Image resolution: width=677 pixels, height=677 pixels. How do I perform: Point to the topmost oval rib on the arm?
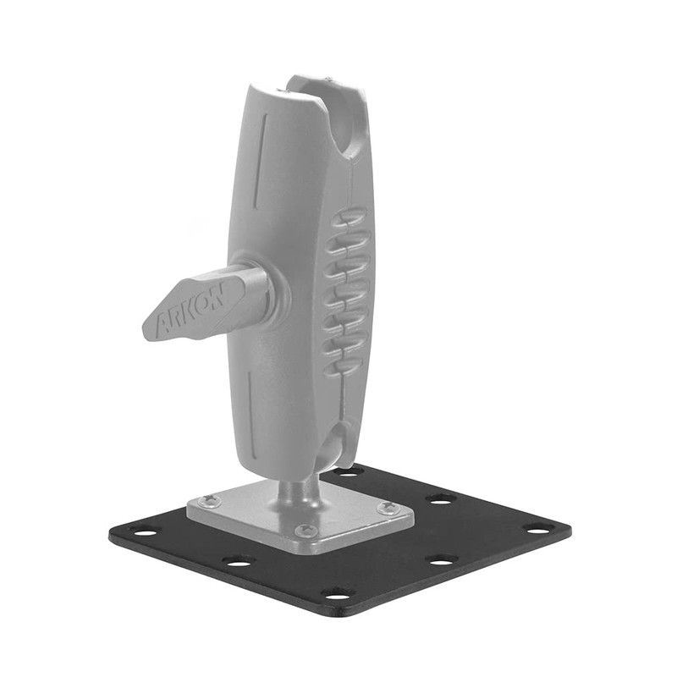click(349, 218)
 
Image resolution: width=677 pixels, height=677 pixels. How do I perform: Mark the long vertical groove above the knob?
click(264, 161)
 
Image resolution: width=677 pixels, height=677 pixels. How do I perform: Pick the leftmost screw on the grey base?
click(208, 502)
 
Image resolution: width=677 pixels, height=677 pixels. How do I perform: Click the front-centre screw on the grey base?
click(305, 531)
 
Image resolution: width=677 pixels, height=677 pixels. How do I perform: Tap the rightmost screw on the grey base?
click(388, 508)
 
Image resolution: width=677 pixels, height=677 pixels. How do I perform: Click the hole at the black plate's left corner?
click(144, 531)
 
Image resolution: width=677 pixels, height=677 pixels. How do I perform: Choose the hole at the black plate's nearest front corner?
click(338, 593)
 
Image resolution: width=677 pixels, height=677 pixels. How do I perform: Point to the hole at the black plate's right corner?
click(537, 529)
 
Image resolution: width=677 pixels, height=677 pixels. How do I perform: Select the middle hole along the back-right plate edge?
click(440, 498)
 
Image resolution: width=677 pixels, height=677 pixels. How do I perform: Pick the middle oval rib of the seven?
click(346, 292)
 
